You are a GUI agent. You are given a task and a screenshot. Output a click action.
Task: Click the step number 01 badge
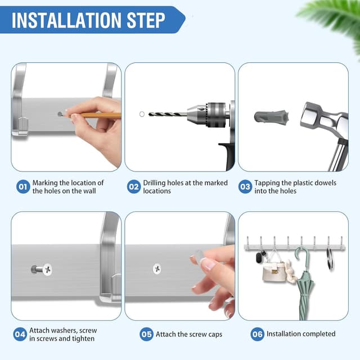pyautogui.click(x=23, y=186)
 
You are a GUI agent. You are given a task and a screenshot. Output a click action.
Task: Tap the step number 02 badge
pyautogui.click(x=134, y=186)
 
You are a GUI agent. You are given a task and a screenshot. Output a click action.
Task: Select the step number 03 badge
pyautogui.click(x=245, y=186)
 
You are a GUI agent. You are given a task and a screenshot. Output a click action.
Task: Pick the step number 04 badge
pyautogui.click(x=20, y=334)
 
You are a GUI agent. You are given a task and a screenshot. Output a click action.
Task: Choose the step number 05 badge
pyautogui.click(x=146, y=334)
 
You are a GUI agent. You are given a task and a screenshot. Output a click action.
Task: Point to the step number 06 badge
pyautogui.click(x=257, y=334)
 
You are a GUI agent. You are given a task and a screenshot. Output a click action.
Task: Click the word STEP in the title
pyautogui.click(x=146, y=20)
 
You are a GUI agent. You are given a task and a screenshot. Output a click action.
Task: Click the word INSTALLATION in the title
pyautogui.click(x=66, y=20)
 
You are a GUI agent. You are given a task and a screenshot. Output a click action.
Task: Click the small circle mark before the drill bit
pyautogui.click(x=142, y=114)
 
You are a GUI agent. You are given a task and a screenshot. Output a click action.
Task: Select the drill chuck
pyautogui.click(x=208, y=114)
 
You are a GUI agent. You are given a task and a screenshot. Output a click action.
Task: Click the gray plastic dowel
pyautogui.click(x=272, y=116)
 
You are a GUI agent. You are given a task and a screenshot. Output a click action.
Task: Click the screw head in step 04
pyautogui.click(x=47, y=269)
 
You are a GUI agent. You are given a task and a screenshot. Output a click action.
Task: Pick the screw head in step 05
pyautogui.click(x=157, y=269)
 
